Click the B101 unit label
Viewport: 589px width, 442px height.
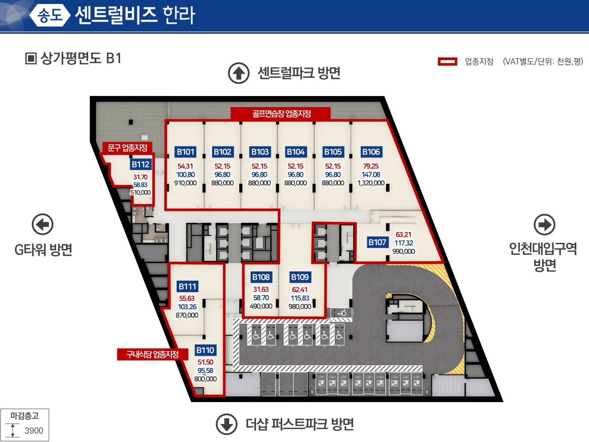pyautogui.click(x=185, y=152)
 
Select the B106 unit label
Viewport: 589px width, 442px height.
pyautogui.click(x=371, y=152)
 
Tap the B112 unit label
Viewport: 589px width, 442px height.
pyautogui.click(x=140, y=164)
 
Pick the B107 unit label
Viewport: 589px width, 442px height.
pyautogui.click(x=377, y=242)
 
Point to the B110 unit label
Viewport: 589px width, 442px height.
pyautogui.click(x=205, y=350)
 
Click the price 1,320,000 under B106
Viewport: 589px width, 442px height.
pyautogui.click(x=371, y=183)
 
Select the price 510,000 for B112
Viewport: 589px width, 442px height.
pyautogui.click(x=140, y=192)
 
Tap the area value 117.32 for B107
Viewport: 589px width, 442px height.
pyautogui.click(x=404, y=243)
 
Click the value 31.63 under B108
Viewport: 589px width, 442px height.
pyautogui.click(x=261, y=289)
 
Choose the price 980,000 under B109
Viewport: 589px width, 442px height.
pyautogui.click(x=300, y=307)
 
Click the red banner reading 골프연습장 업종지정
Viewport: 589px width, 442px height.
pyautogui.click(x=280, y=114)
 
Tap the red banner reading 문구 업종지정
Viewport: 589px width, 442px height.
pyautogui.click(x=128, y=148)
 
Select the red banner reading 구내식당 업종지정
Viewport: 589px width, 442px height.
pyautogui.click(x=153, y=354)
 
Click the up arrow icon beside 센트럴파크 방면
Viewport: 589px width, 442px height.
pyautogui.click(x=238, y=73)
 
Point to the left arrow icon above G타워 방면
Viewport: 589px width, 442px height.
pyautogui.click(x=43, y=225)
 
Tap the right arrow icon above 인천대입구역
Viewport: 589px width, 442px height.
pyautogui.click(x=544, y=225)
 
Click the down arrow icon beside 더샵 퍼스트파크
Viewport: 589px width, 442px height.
pyautogui.click(x=227, y=424)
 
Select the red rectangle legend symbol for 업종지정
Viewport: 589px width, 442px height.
pyautogui.click(x=447, y=61)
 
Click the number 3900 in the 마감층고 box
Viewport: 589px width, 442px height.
pyautogui.click(x=34, y=431)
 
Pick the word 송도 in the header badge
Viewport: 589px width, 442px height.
pyautogui.click(x=50, y=15)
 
